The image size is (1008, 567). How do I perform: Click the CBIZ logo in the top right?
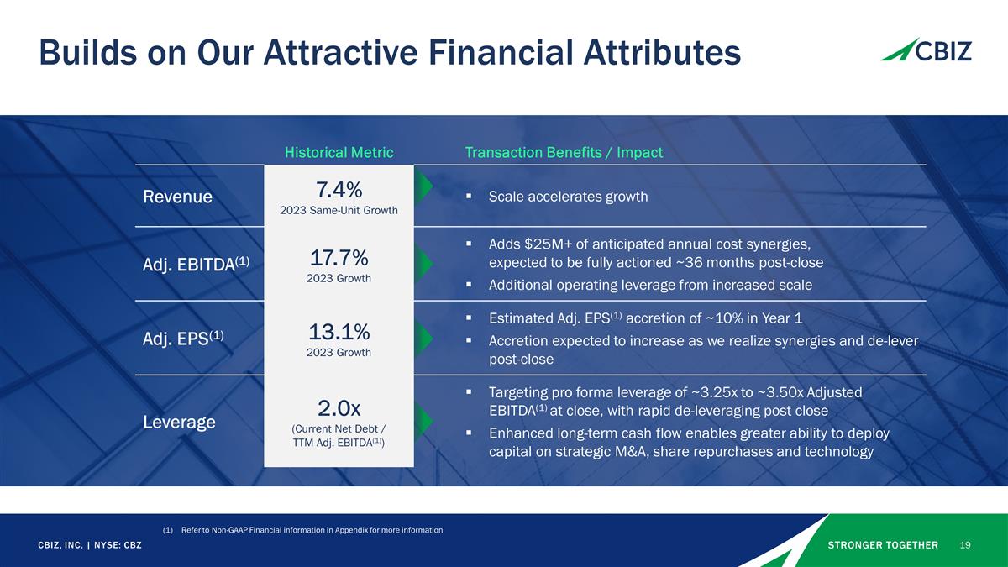click(926, 50)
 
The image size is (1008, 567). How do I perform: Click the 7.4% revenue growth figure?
click(339, 189)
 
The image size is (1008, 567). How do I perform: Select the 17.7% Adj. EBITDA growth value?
click(339, 256)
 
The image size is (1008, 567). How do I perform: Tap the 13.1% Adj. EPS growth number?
click(339, 330)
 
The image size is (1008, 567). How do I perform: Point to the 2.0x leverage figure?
click(339, 408)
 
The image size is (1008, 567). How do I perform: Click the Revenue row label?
click(176, 197)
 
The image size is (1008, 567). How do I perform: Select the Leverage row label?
click(178, 422)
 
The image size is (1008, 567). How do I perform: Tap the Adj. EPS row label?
click(181, 338)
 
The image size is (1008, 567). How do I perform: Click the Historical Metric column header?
click(339, 152)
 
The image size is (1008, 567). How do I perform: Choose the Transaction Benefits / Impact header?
click(564, 152)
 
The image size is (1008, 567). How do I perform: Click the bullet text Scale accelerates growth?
click(568, 197)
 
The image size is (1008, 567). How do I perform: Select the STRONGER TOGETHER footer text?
click(883, 545)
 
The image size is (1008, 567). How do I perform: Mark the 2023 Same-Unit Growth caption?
click(339, 210)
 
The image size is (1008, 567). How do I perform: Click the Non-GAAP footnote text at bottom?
click(312, 529)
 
